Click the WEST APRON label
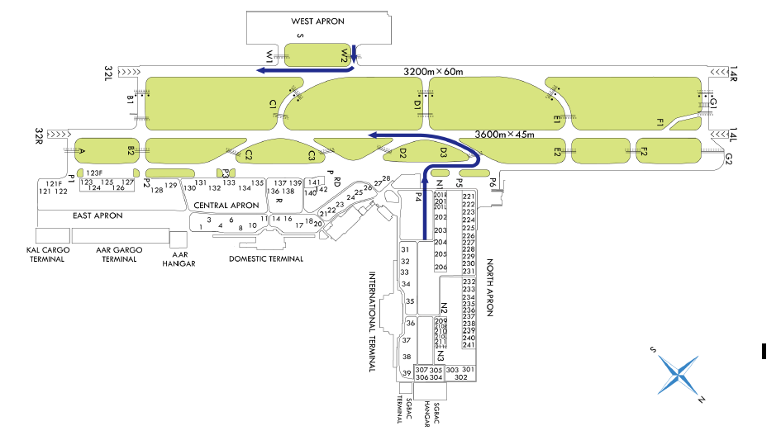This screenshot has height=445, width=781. coord(317,21)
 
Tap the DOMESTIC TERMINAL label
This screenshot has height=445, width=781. coord(265,258)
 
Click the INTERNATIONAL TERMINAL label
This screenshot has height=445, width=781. coord(372,321)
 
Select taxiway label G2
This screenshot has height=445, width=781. coord(728,158)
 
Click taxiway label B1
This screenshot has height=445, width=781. coord(131,100)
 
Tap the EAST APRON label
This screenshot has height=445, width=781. coord(98,215)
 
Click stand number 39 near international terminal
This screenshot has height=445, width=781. coord(406,373)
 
